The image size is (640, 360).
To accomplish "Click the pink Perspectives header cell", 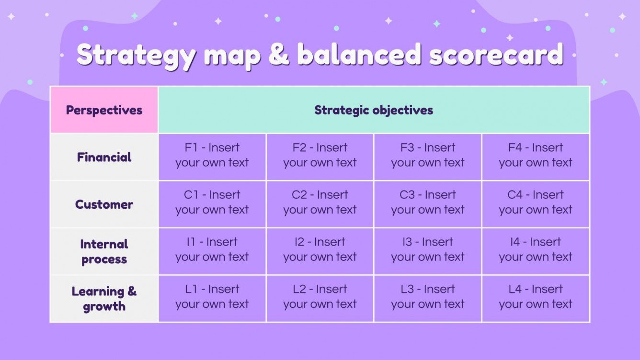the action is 104,110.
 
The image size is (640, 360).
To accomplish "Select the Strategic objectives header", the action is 374,110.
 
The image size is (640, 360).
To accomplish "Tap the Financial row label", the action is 104,157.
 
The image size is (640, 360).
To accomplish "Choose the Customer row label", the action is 104,204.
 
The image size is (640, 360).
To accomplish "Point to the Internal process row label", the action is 104,251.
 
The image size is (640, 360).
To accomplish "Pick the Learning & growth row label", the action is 104,299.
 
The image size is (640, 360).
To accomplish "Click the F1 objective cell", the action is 212,157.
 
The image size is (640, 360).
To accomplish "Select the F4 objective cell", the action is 536,157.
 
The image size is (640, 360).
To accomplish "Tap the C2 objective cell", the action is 320,204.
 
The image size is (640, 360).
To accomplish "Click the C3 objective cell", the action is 428,204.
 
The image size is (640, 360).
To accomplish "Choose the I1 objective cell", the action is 212,251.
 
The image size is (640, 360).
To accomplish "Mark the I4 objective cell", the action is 536,251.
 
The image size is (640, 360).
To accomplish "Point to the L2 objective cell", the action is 320,299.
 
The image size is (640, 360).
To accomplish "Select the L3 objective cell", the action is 428,299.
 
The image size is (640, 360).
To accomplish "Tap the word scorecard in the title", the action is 496,54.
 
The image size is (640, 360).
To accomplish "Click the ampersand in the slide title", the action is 279,54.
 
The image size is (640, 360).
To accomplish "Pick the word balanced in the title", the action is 359,54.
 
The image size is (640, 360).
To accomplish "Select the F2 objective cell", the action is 320,157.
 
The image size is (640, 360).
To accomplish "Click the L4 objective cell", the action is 536,299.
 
